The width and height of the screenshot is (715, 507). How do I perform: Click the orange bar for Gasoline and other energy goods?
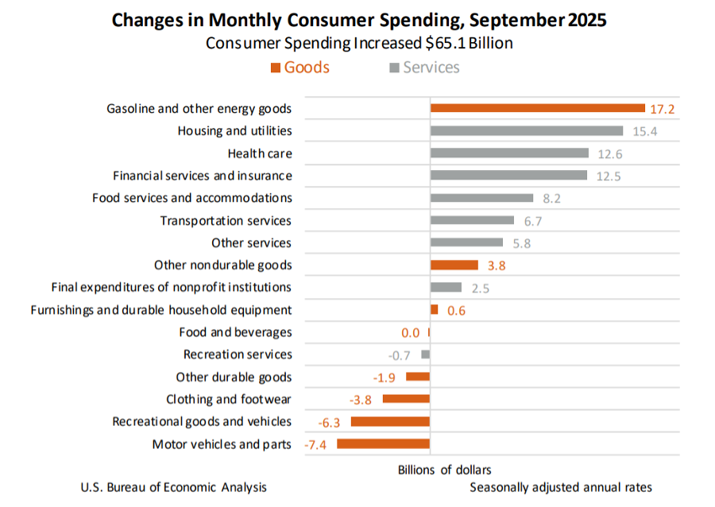537,108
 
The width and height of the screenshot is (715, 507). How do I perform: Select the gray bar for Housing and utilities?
526,130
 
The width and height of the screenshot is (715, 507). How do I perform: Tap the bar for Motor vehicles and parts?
383,444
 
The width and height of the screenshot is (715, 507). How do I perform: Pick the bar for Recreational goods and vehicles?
390,422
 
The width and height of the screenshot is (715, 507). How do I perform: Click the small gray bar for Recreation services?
426,354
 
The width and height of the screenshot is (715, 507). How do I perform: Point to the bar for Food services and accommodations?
481,198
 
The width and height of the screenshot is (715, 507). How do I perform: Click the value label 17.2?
662,109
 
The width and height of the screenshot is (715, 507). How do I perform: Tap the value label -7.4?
317,445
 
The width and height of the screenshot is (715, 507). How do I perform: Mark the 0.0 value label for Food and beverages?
411,333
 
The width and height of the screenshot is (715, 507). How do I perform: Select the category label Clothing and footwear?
228,400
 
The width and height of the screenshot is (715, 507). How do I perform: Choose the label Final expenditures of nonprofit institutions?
171,287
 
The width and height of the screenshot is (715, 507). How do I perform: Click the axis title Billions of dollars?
444,470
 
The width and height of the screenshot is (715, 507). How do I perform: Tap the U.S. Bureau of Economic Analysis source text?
174,487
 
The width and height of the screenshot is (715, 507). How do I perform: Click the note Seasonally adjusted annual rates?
561,487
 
